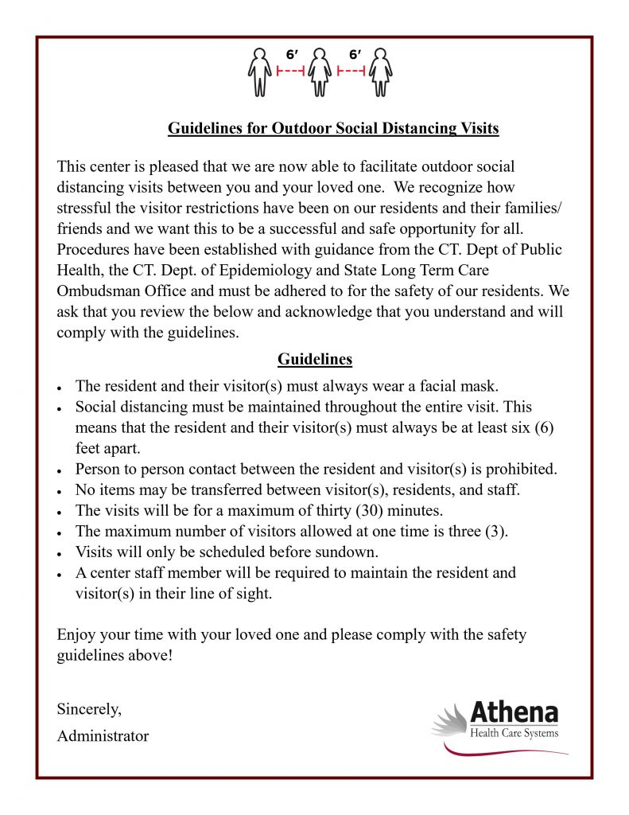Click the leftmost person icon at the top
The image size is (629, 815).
[x=259, y=72]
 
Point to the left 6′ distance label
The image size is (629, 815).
[x=292, y=55]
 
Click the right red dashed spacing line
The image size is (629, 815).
[x=351, y=72]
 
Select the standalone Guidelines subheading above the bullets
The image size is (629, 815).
[x=314, y=359]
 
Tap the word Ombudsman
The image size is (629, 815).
[x=98, y=291]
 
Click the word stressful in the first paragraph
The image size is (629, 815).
[x=84, y=209]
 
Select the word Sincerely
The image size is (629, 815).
[x=89, y=708]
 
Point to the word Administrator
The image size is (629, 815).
[x=103, y=736]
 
